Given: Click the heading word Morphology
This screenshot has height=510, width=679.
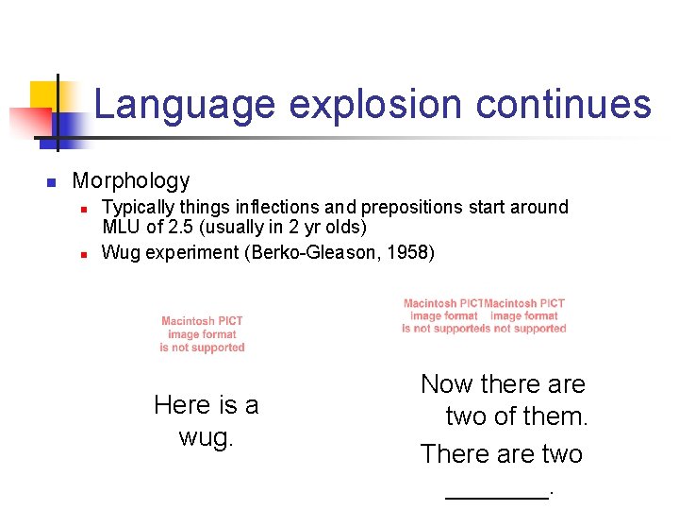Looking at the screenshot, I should coord(131,180).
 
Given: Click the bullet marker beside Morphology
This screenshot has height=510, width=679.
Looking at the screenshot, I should coord(53,181).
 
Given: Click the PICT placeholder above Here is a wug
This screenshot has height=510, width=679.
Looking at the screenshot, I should coord(202,334).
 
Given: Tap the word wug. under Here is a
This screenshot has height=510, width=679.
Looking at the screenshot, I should coord(207,438).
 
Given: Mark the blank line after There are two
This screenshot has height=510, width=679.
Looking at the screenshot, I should coord(497,491).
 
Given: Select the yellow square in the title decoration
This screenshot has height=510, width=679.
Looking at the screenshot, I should coord(44,95).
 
